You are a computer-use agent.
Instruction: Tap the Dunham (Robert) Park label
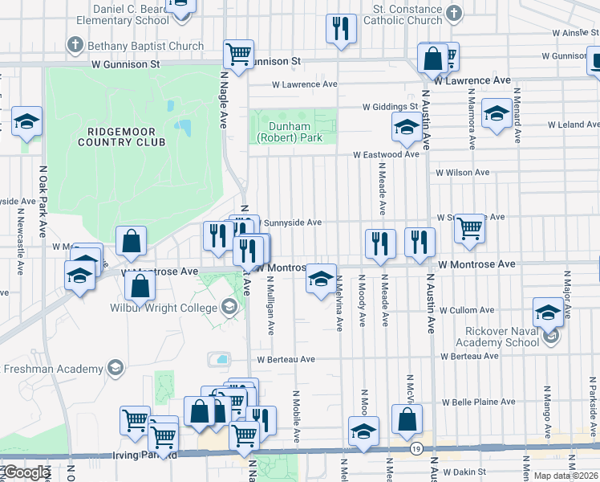(x=289, y=132)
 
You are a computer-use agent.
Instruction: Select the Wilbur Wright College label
(x=164, y=308)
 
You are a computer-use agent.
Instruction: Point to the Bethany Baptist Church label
(x=146, y=46)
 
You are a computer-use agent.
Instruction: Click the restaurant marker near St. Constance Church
(x=341, y=30)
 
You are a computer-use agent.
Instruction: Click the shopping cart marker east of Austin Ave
(x=470, y=229)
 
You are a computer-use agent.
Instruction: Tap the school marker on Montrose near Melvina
(x=321, y=280)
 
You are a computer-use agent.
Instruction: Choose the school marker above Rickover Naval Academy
(x=549, y=312)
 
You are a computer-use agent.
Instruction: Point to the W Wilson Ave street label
(x=462, y=172)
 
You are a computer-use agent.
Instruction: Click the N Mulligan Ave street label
(x=271, y=306)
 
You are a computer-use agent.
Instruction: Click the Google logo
(x=26, y=472)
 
